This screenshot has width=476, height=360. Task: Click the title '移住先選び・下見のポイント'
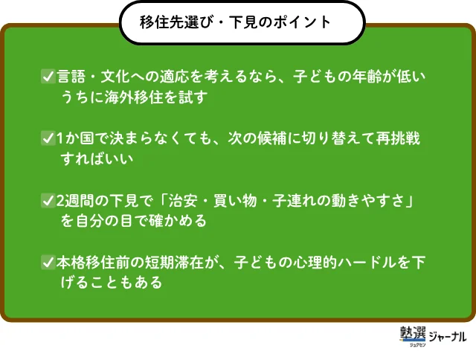click(235, 22)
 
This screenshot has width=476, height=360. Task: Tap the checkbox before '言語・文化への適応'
click(48, 76)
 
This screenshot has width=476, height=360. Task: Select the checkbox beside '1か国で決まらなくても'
click(48, 138)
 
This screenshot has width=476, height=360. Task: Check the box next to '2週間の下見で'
click(48, 201)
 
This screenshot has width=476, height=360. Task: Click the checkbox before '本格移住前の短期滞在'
click(48, 263)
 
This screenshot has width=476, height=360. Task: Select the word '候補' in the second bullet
click(271, 138)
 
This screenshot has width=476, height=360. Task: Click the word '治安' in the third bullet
click(183, 201)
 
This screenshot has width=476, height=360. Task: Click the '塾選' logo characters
click(413, 333)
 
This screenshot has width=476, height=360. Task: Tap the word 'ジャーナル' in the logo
click(448, 336)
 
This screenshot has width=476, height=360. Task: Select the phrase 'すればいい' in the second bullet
click(97, 158)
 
